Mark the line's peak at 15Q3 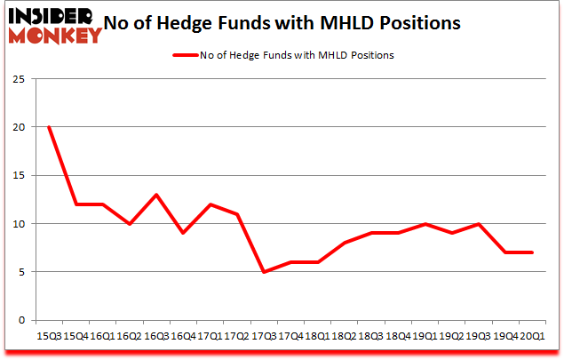[x=48, y=127]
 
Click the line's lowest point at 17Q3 [x=263, y=272]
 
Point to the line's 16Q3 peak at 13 [x=156, y=195]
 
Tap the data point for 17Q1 [x=210, y=204]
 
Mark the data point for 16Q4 [x=183, y=233]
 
